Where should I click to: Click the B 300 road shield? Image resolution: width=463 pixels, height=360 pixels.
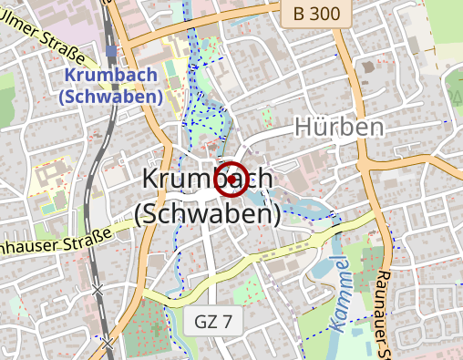(x=313, y=14)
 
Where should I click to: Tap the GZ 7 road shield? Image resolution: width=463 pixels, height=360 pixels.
(x=215, y=322)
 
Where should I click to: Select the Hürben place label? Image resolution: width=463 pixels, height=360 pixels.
(x=339, y=128)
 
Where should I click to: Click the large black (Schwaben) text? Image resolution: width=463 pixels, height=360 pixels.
(x=207, y=212)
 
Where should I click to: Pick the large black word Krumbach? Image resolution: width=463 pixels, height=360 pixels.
(x=206, y=180)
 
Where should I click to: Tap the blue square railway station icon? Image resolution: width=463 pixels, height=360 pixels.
(x=110, y=51)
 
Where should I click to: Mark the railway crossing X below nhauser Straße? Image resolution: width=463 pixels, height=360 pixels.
(x=98, y=290)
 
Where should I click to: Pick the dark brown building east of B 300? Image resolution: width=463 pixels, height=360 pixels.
(x=368, y=66)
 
